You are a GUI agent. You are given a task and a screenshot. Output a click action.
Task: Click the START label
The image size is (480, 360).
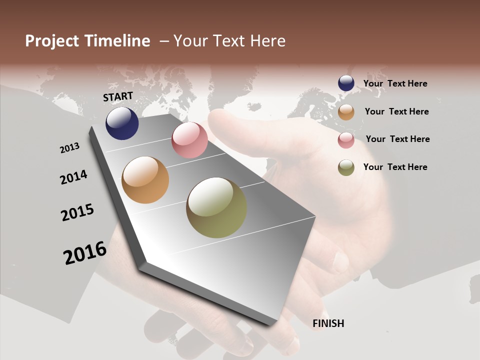118,96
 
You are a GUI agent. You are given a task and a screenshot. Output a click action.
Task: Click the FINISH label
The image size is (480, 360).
328,323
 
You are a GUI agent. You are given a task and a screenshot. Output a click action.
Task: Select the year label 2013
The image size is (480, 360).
69,148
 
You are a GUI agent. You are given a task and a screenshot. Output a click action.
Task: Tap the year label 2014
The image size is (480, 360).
73,177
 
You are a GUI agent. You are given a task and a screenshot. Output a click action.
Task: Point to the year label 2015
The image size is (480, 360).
77,212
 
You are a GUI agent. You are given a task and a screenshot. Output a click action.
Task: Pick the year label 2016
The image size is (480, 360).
85,253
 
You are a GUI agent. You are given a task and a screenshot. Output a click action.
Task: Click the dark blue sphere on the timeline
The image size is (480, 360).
122,123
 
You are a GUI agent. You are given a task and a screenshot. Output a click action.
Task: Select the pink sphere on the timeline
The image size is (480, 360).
189,140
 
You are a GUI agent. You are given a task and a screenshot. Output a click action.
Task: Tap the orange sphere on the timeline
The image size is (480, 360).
145,180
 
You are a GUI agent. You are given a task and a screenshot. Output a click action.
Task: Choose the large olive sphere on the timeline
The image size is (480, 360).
216,207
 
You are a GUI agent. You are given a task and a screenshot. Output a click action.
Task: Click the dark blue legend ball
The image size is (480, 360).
346,83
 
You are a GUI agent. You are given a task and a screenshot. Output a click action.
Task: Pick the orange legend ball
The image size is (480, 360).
346,112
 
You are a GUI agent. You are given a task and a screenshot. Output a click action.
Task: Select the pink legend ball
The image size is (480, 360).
346,140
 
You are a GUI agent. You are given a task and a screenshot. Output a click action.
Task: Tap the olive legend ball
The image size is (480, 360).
346,168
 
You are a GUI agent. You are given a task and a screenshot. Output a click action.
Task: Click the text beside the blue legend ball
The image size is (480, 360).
395,83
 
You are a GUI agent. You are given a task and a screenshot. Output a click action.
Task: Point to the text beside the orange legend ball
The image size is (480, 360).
396,111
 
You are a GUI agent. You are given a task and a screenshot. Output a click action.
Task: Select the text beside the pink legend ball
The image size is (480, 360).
397,139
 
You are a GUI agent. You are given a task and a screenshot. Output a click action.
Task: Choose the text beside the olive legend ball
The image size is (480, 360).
395,167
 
